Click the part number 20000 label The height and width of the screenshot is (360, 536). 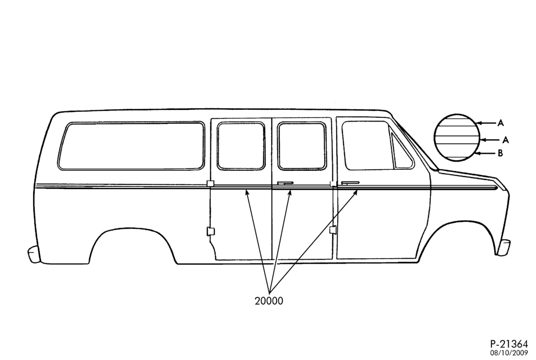click(x=269, y=301)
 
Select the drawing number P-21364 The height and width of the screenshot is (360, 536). click(x=509, y=343)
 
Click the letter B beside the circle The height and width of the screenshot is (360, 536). click(x=500, y=153)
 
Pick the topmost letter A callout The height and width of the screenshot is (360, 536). click(x=501, y=123)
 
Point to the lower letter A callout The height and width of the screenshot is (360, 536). click(x=505, y=140)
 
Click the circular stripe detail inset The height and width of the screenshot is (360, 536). click(x=456, y=138)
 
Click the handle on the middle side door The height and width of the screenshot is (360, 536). click(x=285, y=183)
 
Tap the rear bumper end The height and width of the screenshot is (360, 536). click(x=34, y=254)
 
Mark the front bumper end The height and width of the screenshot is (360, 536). click(x=504, y=247)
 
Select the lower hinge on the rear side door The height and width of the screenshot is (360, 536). click(x=211, y=231)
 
